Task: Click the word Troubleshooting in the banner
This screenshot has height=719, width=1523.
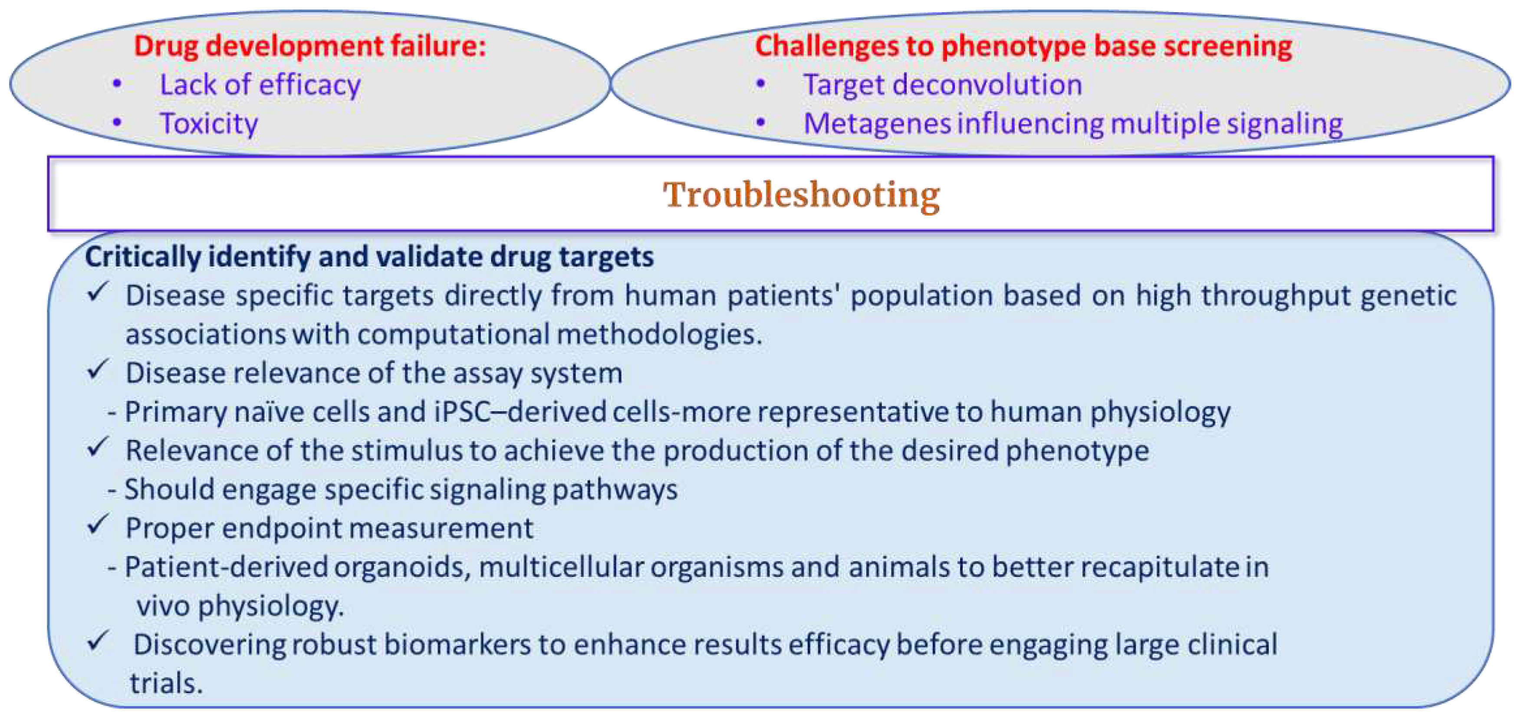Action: [801, 195]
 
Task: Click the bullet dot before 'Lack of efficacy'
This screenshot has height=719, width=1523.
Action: [117, 84]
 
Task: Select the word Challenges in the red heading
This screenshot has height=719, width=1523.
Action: [828, 46]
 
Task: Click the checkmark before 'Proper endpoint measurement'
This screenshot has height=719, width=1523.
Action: [98, 525]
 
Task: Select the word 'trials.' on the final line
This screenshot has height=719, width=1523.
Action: [166, 683]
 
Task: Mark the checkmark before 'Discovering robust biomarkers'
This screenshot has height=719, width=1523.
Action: [98, 641]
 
